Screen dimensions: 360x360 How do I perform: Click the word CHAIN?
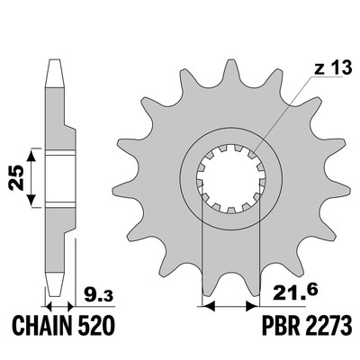(x=42, y=325)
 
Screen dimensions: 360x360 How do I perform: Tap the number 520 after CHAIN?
(x=95, y=325)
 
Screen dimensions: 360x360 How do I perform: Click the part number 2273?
(x=327, y=325)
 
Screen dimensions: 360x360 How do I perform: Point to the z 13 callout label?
(x=332, y=68)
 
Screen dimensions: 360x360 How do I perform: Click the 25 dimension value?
(x=16, y=177)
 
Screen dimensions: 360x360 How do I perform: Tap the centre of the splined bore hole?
(x=231, y=179)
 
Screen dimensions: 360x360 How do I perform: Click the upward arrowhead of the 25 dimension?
(x=31, y=157)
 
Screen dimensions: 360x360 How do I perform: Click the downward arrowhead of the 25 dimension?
(x=31, y=200)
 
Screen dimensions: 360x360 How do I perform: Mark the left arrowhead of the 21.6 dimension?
(x=209, y=306)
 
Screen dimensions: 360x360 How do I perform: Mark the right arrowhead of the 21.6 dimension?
(x=252, y=306)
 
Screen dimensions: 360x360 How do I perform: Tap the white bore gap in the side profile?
(x=60, y=179)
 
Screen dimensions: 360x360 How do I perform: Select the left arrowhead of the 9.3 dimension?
(x=49, y=307)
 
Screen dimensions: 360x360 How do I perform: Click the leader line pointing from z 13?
(x=283, y=112)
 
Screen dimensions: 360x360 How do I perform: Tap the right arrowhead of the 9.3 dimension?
(x=71, y=307)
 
